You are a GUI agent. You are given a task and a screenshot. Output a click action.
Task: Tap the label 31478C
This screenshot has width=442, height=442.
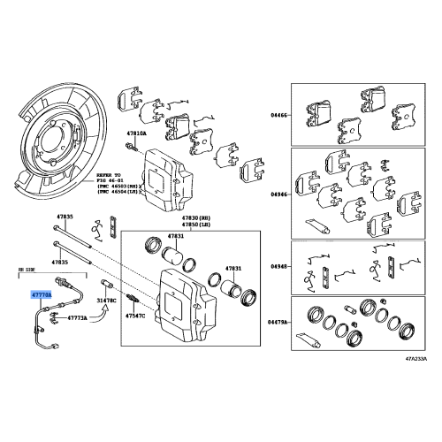tap(106, 301)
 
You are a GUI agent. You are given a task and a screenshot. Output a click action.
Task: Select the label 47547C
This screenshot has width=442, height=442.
tap(135, 315)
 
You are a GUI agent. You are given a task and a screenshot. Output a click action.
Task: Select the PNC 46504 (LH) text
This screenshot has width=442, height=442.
tap(118, 196)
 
